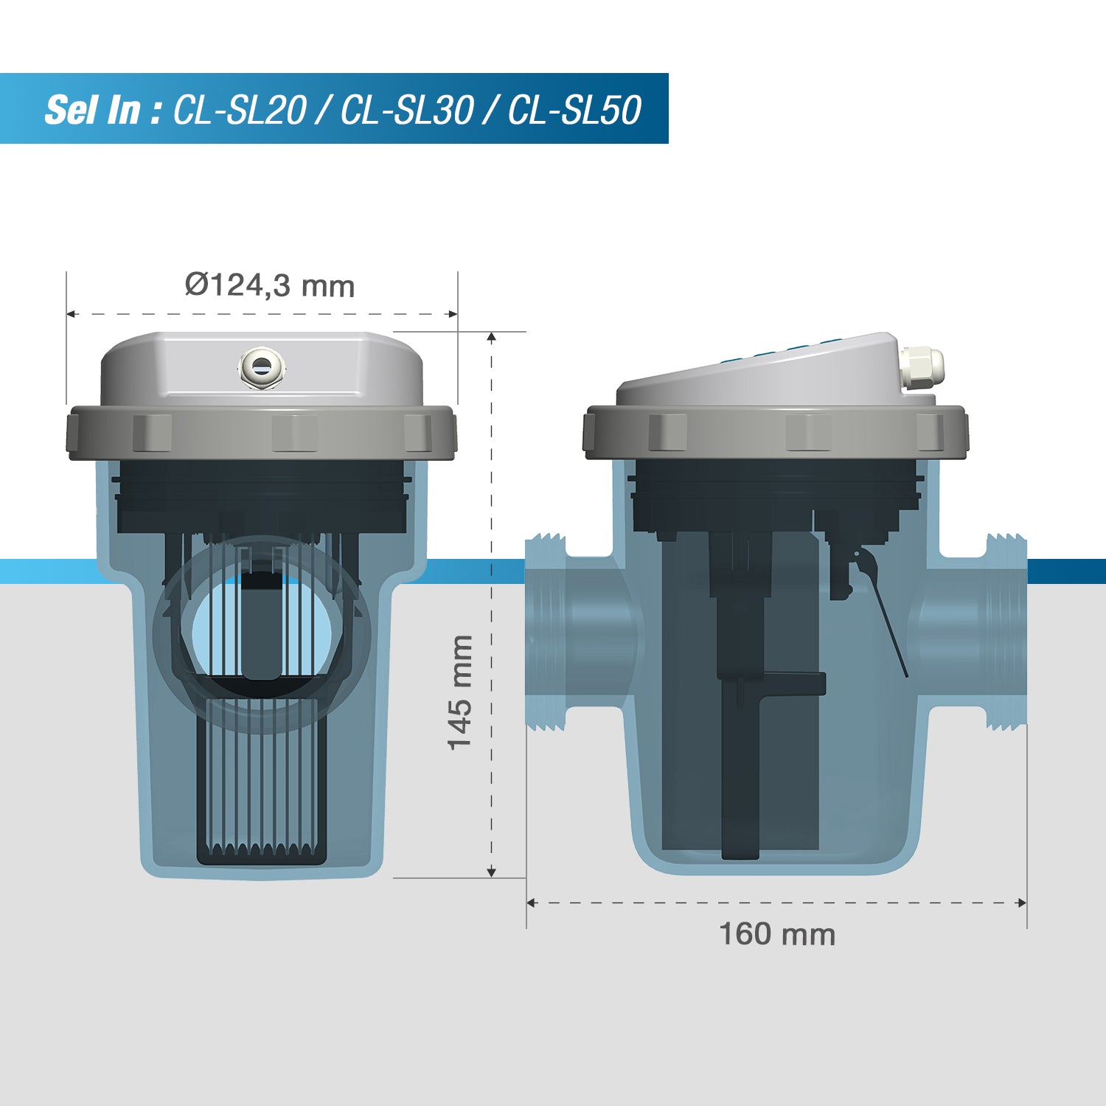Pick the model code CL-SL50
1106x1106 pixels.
point(575,111)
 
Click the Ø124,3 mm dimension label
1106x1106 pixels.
point(270,285)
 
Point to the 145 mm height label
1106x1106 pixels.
point(460,693)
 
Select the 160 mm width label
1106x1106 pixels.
point(777,934)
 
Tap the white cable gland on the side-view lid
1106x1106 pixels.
point(922,366)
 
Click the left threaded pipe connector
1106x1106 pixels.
point(546,633)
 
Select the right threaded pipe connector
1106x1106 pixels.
point(1006,633)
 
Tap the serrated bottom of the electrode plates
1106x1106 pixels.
point(262,852)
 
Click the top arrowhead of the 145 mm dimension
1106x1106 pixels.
point(492,337)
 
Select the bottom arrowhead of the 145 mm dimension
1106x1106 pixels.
point(492,873)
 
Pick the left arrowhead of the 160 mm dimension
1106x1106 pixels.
point(531,902)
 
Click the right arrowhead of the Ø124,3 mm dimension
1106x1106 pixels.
point(453,314)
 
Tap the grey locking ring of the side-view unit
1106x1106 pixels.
point(774,431)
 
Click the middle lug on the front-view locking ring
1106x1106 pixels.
point(294,432)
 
